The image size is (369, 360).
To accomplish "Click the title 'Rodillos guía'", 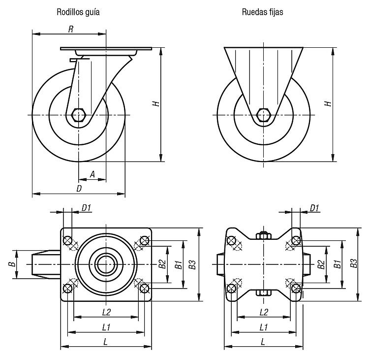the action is point(78,12).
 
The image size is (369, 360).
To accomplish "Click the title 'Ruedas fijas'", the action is point(262,12).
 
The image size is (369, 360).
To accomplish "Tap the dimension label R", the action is point(70,29).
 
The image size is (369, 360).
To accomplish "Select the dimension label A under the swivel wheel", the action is point(92,174).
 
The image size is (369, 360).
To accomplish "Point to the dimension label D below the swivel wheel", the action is point(79,189).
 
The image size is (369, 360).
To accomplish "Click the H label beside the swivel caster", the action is point(156,103).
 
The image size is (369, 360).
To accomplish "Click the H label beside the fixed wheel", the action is point(328,103).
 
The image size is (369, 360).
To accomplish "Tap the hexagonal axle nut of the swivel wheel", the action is point(78,115).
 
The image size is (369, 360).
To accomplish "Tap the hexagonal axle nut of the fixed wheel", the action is point(263,115).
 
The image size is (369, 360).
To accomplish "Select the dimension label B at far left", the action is point(12,264).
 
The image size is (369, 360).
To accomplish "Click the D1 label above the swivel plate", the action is point(86,208).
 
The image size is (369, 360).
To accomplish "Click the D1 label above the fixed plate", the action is point(314,208).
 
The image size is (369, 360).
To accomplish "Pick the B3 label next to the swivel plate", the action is point(192,264).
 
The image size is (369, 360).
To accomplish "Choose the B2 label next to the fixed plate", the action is point(321,264).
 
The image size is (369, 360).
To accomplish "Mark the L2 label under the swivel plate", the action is point(106,312).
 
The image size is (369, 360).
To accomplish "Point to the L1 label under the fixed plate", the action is point(264,327).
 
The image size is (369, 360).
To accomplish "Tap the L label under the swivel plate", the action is point(106,342).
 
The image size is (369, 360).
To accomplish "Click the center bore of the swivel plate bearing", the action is point(106,264).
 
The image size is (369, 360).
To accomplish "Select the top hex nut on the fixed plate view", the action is point(264,235).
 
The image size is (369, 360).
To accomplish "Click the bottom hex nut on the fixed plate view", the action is point(263,293).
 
